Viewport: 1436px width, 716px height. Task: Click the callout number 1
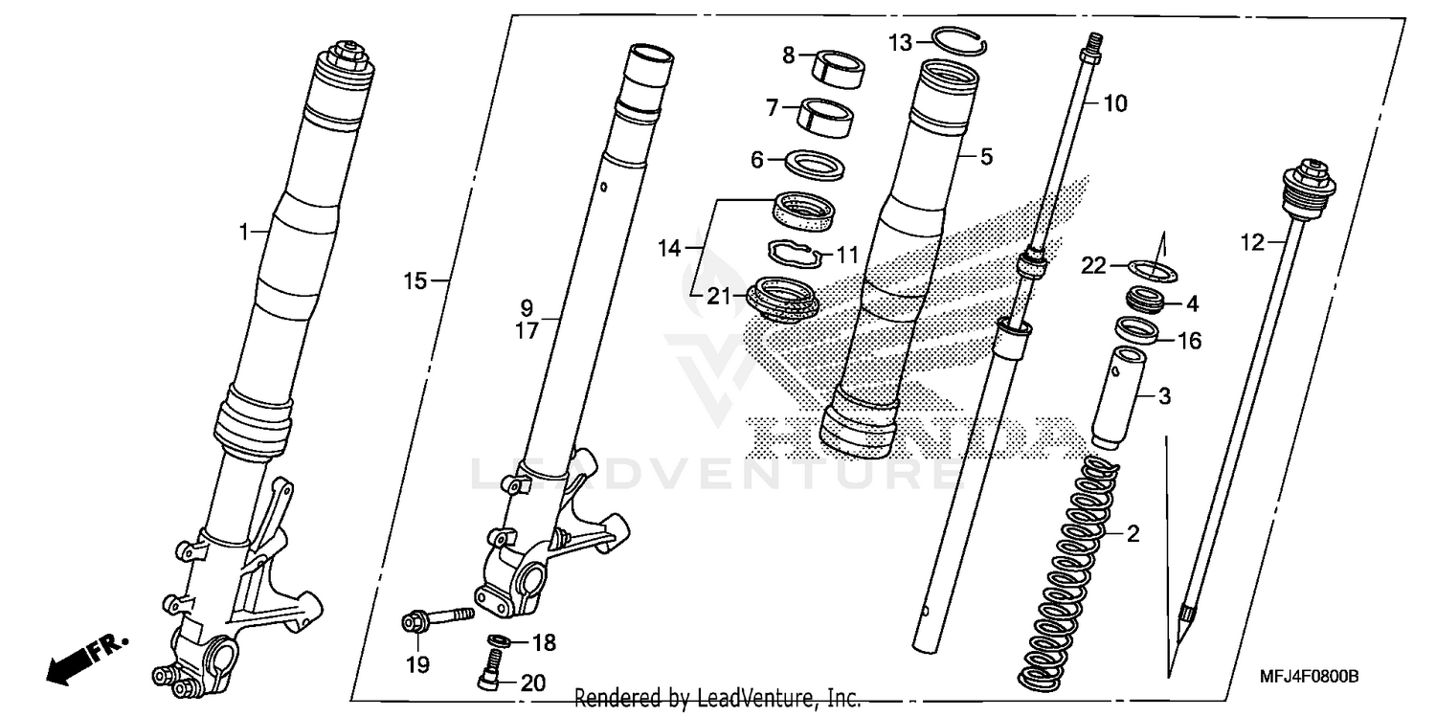[x=243, y=231]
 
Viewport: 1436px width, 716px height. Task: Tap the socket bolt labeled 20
[x=491, y=669]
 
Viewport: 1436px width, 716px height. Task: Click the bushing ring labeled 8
[x=833, y=70]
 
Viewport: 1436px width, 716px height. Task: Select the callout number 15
[x=414, y=281]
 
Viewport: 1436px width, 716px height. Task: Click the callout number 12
[x=1252, y=243]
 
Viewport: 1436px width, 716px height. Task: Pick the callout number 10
[x=1117, y=103]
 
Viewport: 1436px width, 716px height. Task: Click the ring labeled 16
[x=1137, y=333]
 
